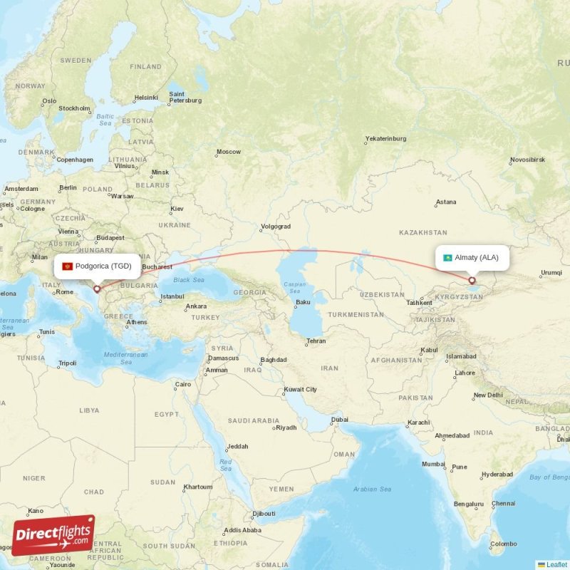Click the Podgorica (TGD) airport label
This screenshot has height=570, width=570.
(103, 266)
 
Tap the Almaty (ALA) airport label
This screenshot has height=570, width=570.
(477, 257)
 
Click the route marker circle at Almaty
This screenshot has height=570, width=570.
(472, 281)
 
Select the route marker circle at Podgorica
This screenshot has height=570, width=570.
(97, 289)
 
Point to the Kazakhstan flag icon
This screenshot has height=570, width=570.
(447, 257)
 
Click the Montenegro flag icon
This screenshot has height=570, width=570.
(68, 266)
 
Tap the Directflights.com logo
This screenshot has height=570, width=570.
(53, 535)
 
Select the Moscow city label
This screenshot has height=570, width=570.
(229, 152)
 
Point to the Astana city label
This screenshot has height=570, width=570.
(446, 202)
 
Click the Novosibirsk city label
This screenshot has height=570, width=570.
(527, 160)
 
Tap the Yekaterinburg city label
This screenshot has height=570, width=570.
(385, 139)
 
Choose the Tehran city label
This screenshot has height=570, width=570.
(316, 341)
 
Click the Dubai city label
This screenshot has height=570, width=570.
(340, 420)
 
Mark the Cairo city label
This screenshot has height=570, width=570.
(183, 384)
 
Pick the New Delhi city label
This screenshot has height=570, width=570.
(488, 395)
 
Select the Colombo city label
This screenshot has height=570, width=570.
(504, 544)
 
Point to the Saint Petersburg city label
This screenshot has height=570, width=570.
(185, 97)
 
